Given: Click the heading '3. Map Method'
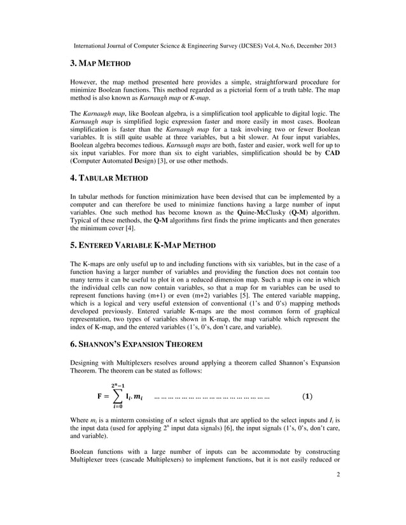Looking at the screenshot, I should [100, 64].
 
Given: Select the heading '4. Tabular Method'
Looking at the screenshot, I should [109, 178].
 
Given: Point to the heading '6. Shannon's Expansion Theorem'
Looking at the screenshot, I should [136, 344].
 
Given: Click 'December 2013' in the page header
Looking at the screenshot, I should [314, 46].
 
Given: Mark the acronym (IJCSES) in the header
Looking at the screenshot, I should [233, 46].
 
